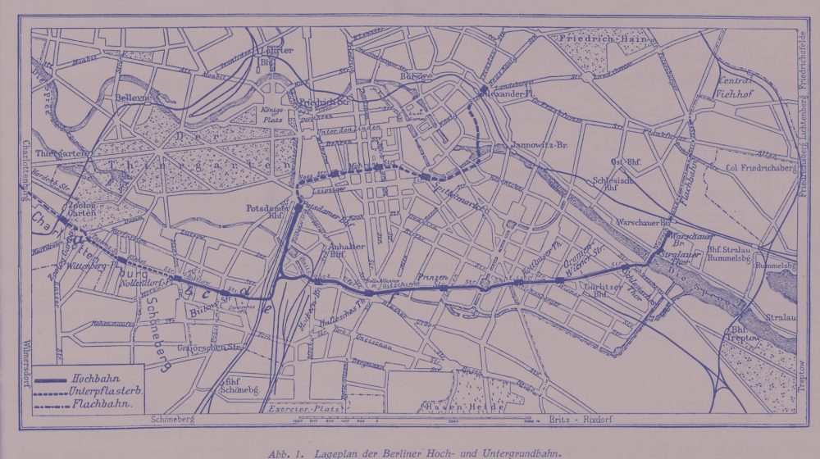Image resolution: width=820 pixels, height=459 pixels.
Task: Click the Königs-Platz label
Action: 273,115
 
